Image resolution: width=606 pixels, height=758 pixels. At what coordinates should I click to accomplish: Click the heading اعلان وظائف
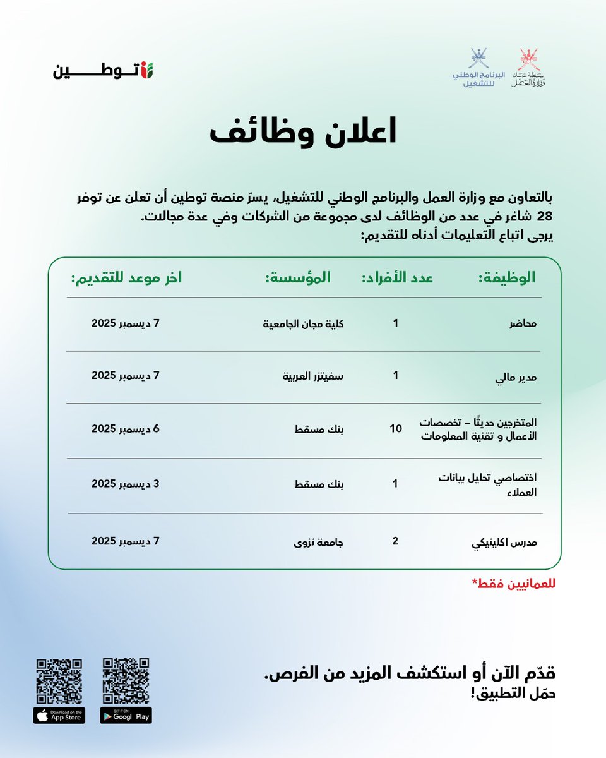click(x=303, y=132)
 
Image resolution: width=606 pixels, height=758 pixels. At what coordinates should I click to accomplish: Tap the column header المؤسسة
click(x=297, y=277)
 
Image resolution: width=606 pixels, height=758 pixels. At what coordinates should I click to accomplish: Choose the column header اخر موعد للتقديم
click(x=126, y=277)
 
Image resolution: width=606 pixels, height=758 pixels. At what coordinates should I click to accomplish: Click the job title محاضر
click(x=523, y=324)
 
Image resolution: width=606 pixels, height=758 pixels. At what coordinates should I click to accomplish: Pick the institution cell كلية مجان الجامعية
click(x=302, y=324)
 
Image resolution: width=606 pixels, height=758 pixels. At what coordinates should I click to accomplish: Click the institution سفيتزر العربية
click(x=312, y=376)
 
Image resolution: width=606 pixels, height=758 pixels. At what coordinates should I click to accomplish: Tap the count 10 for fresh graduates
click(x=396, y=430)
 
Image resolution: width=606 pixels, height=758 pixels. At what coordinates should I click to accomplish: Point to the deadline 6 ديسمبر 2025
click(x=126, y=428)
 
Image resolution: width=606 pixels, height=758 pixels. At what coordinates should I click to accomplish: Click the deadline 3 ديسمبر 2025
click(x=126, y=484)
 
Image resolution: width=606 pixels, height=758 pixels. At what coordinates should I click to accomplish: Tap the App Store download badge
click(x=59, y=715)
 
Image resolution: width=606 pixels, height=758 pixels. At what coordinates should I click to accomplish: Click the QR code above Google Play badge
click(x=126, y=680)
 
